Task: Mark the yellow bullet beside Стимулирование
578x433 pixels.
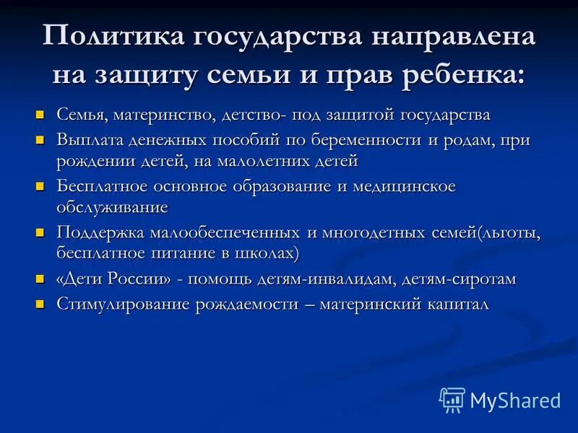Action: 40,304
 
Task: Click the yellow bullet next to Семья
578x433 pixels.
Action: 40,115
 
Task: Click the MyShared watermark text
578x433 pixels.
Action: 515,400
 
